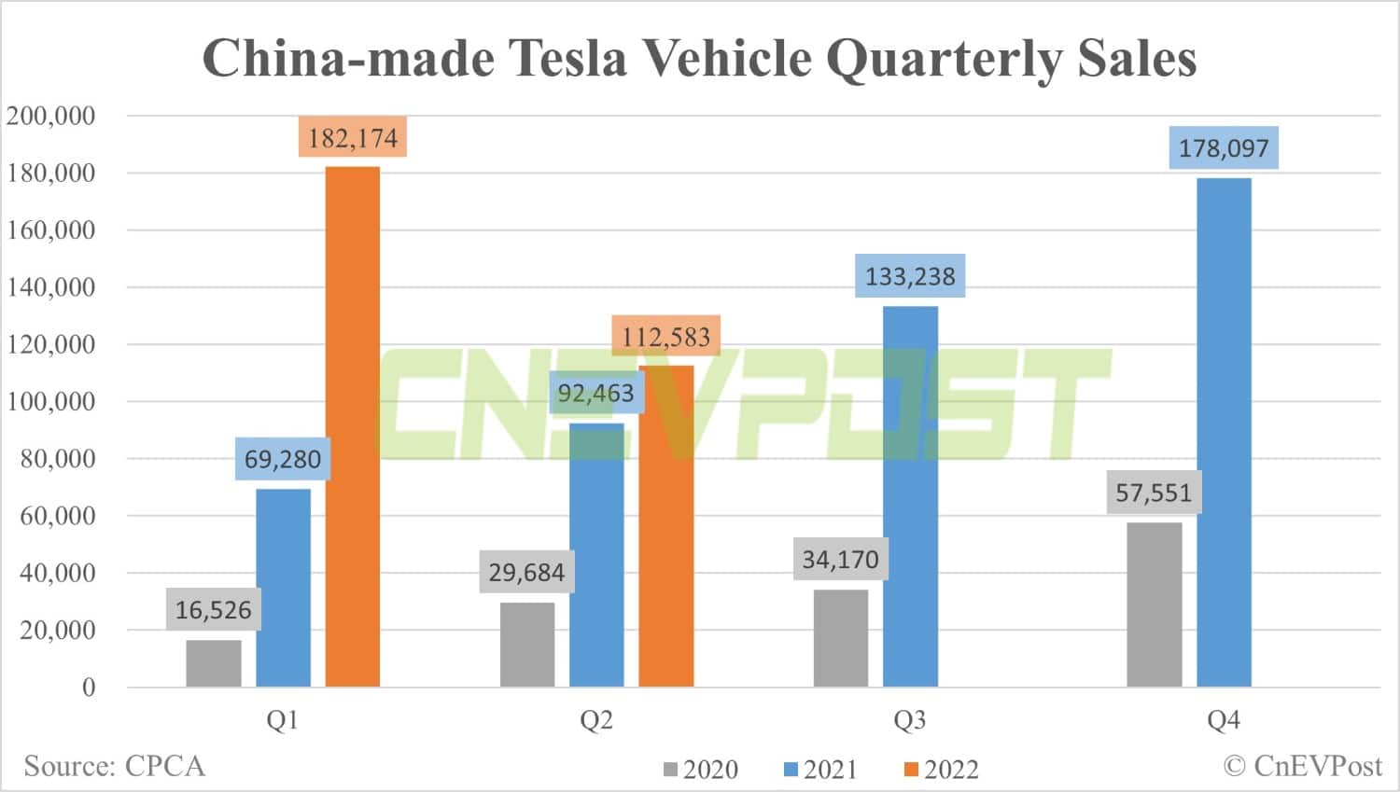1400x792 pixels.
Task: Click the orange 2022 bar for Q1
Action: point(353,426)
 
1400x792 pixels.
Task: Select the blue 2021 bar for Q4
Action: point(1224,432)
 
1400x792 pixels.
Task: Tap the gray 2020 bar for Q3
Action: point(840,638)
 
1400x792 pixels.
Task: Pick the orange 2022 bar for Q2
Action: point(666,526)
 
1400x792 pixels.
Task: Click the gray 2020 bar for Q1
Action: point(214,663)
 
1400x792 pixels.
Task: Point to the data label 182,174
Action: point(353,138)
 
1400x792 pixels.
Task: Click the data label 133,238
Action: point(910,276)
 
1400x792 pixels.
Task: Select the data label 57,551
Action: point(1154,493)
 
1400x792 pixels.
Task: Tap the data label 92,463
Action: point(595,394)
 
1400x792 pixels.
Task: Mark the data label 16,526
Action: point(214,610)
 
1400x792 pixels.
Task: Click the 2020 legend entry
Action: point(701,770)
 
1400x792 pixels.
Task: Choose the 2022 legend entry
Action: point(942,770)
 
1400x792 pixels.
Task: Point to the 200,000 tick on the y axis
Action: point(51,116)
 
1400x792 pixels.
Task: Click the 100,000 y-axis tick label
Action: point(51,401)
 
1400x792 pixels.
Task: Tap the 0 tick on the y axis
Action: point(89,688)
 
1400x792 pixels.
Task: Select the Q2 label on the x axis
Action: point(596,720)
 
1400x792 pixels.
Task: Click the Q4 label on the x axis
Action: point(1224,720)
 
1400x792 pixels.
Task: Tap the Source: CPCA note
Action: point(114,766)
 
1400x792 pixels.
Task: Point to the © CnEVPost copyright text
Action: point(1302,766)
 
